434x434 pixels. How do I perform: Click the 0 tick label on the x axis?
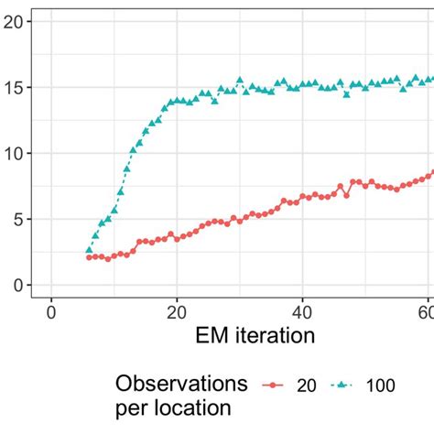pos(51,311)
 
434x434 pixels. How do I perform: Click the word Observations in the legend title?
pos(182,384)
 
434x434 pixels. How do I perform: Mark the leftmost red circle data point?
pos(89,258)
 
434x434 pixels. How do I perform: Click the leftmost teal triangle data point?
pos(89,250)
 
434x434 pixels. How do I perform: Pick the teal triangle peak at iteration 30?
pos(240,81)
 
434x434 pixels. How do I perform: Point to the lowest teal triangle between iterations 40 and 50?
pos(347,94)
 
